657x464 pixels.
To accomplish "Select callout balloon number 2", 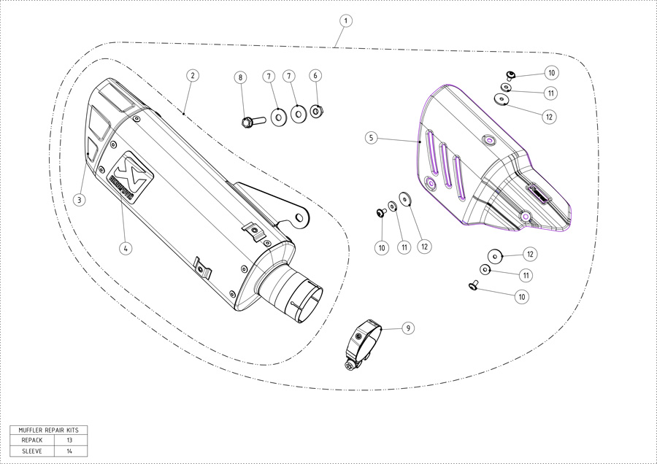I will (192, 75).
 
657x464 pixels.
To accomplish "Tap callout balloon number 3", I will (80, 198).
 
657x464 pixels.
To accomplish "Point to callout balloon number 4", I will (126, 248).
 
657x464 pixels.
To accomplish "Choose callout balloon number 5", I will (371, 136).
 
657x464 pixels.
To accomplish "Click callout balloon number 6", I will (315, 75).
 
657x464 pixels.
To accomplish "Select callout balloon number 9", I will (408, 328).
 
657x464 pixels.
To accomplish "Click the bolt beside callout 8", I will (250, 119).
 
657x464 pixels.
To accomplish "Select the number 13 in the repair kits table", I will (70, 441).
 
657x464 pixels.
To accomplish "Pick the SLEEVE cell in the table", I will (31, 452).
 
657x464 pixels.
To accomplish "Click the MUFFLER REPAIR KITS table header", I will (48, 430).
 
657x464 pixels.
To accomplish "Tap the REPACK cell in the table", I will (31, 441).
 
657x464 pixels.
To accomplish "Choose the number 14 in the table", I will (70, 452).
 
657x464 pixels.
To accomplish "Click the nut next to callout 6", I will (317, 111).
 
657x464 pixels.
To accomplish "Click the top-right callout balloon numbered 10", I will (551, 73).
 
